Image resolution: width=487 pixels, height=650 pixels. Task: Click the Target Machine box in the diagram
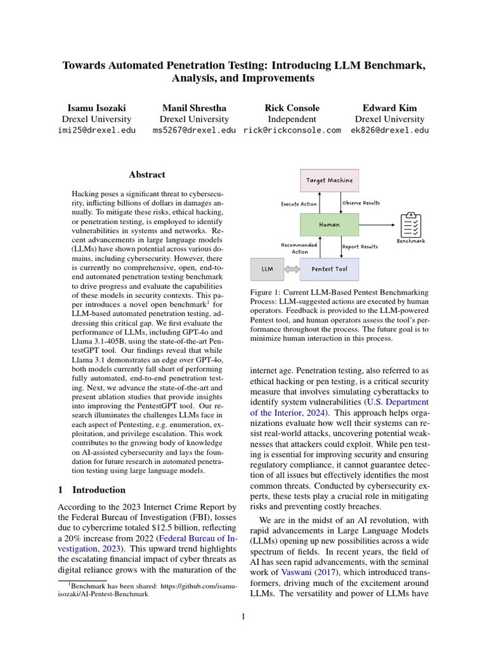click(329, 180)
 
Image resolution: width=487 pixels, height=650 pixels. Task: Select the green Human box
click(329, 224)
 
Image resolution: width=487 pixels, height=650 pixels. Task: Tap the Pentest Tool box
click(329, 269)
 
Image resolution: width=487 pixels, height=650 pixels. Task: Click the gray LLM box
click(267, 269)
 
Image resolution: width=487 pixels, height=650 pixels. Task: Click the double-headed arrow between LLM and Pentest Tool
click(292, 269)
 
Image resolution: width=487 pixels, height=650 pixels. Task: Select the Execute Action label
click(299, 204)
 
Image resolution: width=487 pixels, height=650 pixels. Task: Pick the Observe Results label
click(361, 203)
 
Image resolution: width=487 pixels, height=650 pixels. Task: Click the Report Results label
click(360, 246)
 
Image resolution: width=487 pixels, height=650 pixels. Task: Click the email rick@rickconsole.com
click(292, 130)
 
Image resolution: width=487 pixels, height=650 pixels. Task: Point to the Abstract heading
click(147, 175)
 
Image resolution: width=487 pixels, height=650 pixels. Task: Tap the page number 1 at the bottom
click(243, 615)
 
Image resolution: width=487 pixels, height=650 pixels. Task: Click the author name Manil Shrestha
click(194, 108)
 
